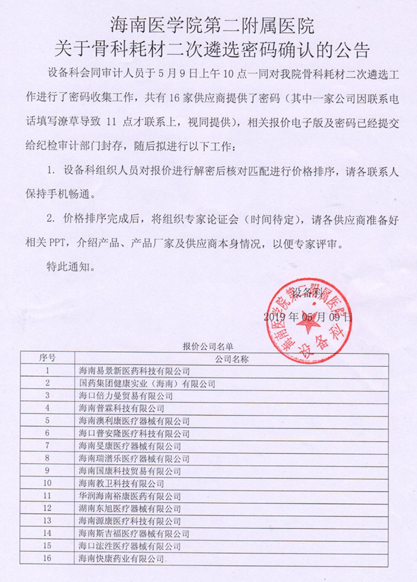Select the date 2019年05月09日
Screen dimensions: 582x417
(x=308, y=317)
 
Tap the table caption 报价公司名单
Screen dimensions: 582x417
(x=208, y=346)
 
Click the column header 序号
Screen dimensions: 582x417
(x=48, y=358)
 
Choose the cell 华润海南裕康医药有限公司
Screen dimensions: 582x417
(x=130, y=496)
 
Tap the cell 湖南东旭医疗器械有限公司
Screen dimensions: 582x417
(x=130, y=508)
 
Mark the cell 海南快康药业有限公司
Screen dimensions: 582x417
(x=121, y=558)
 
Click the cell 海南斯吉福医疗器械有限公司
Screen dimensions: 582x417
(x=134, y=533)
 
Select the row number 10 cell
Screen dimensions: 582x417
(x=48, y=483)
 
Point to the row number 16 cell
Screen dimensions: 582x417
(x=48, y=558)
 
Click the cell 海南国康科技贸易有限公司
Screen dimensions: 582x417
(x=130, y=471)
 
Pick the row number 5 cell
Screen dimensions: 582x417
(x=48, y=421)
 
